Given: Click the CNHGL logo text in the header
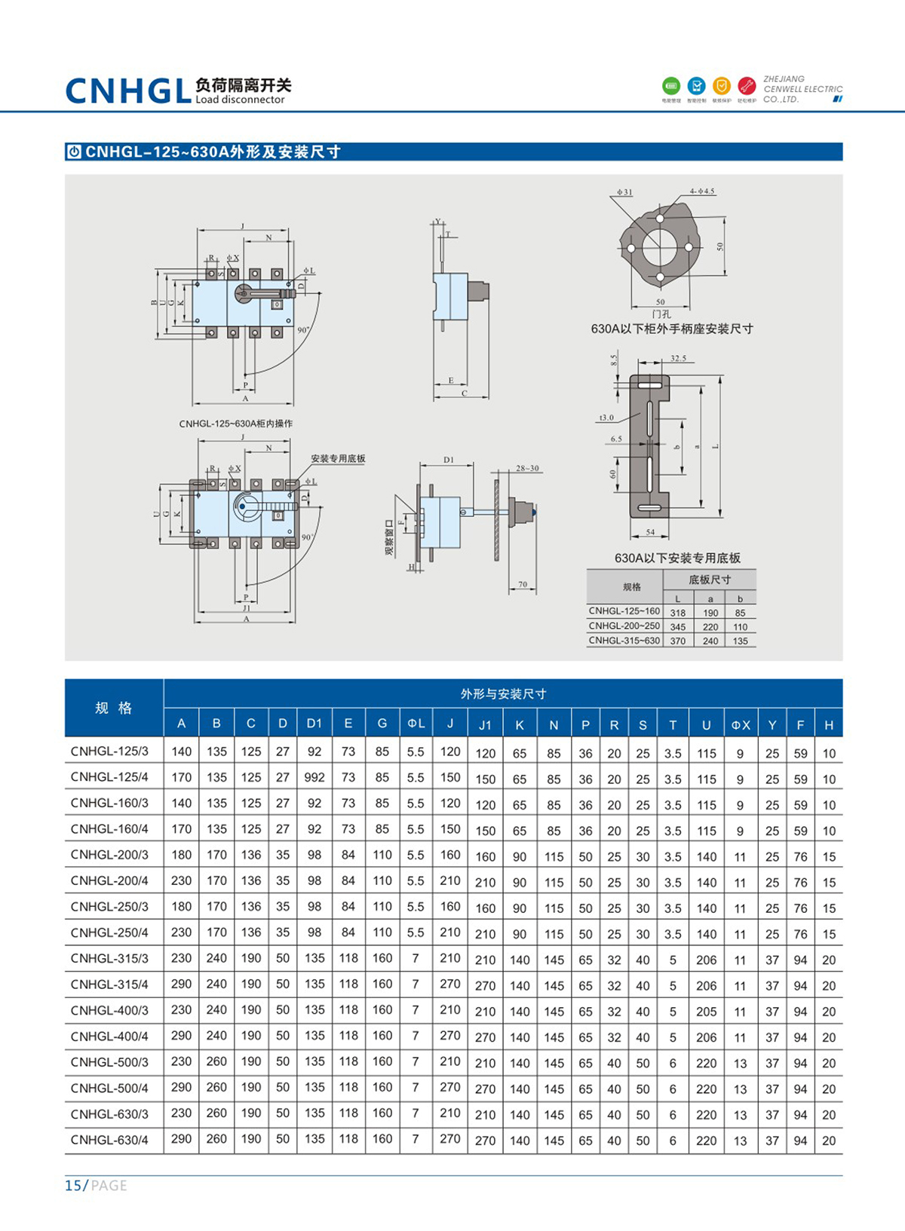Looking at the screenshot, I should tap(128, 90).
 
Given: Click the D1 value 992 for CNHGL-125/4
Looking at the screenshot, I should tap(314, 777).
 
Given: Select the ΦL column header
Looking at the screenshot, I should tap(416, 724).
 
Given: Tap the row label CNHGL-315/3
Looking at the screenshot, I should tap(110, 958).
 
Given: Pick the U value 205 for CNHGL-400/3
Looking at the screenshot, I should tap(706, 1011).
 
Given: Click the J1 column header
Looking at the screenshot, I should tap(485, 724).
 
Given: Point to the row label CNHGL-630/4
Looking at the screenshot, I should tap(110, 1139).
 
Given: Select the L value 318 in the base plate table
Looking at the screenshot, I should tap(677, 613).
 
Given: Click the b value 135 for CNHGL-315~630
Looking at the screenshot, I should tap(740, 641).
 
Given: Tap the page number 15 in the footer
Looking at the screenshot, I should tap(74, 1186).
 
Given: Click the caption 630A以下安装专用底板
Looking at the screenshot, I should tap(677, 558).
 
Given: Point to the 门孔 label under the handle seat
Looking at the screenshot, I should tap(661, 314).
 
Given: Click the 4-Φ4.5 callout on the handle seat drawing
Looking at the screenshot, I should tap(701, 191).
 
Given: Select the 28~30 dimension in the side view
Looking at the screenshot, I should tap(527, 468).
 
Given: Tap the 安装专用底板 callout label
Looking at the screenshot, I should tap(338, 458).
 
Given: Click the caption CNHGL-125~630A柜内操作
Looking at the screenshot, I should tap(236, 424).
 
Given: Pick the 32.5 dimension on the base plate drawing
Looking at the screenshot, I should tap(678, 358).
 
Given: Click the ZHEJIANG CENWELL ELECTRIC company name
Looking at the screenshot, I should tap(802, 89).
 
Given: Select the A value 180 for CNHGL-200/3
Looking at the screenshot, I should tap(181, 855).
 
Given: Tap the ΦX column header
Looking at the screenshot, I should tap(741, 724).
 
